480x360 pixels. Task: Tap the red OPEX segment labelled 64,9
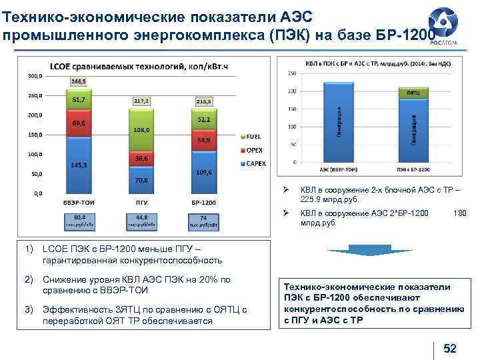point(204,141)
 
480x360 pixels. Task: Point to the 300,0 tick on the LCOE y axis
point(35,76)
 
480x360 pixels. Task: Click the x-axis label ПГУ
point(141,202)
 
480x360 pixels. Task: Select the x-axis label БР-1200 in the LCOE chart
point(204,202)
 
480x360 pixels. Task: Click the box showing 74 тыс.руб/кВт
point(204,221)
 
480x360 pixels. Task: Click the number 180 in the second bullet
point(459,213)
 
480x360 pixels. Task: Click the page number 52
point(450,348)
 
